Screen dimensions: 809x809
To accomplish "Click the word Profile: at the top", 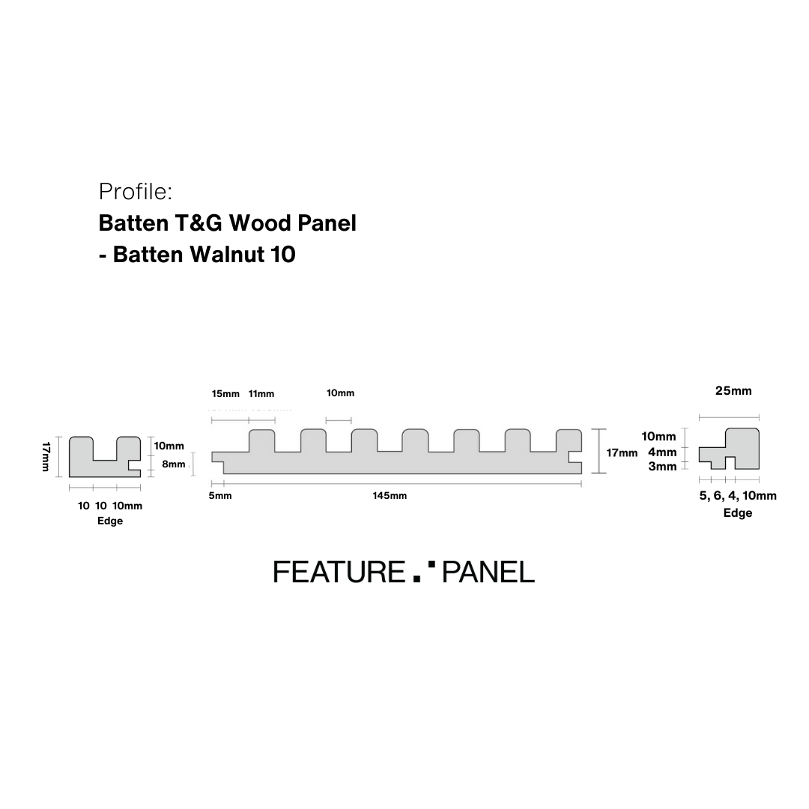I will (136, 192).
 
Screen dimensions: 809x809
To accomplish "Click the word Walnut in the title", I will (223, 255).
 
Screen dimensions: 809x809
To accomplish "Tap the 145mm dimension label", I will (390, 496).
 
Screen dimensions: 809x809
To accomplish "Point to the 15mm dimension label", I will (225, 394).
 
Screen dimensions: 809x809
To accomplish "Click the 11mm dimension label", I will (261, 394).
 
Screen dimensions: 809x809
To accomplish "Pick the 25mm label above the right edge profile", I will (733, 390).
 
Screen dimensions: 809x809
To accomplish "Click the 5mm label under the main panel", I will (220, 496).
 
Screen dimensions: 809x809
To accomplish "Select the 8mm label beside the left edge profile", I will (173, 464).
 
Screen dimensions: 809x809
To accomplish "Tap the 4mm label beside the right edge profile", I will (662, 452).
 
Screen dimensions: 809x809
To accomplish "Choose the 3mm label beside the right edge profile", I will (662, 467).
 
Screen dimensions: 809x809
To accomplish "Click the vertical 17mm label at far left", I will (47, 456).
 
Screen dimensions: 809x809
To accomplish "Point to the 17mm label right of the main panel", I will (622, 452).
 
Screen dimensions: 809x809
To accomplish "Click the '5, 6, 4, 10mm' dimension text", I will (738, 496).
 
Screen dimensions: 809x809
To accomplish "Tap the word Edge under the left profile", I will (110, 521).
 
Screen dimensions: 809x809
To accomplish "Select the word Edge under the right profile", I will (738, 513).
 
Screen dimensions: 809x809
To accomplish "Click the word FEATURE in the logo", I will (339, 572).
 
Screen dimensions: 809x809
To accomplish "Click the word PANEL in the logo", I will (488, 572).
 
